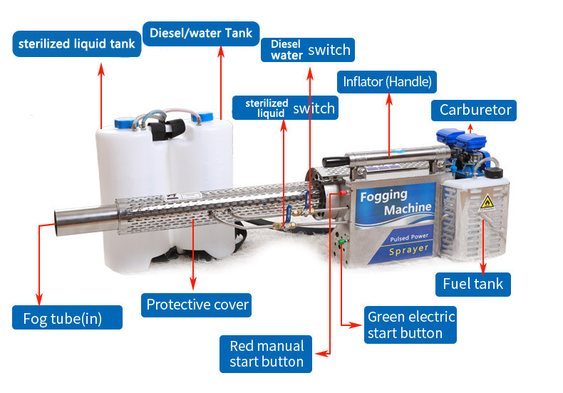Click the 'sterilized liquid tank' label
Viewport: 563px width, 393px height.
[76, 44]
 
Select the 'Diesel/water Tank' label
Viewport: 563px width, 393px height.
[201, 34]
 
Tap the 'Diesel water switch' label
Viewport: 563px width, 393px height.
[308, 50]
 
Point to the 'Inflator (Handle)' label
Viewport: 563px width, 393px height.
[387, 82]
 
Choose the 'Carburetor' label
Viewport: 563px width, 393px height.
[474, 111]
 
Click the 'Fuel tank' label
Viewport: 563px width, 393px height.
[473, 284]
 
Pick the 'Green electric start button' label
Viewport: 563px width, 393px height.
[410, 325]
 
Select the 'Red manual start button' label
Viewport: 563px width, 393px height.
[266, 354]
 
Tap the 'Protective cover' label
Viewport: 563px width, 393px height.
[197, 305]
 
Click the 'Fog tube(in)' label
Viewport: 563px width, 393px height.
[67, 317]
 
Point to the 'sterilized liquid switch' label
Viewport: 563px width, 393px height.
[286, 108]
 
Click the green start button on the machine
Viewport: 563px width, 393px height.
[341, 241]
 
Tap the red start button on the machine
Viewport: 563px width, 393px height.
[344, 193]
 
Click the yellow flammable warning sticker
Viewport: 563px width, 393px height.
[487, 203]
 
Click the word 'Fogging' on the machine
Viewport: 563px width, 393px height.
[383, 196]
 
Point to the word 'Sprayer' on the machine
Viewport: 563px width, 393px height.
[408, 250]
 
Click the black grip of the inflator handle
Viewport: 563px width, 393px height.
[334, 162]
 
